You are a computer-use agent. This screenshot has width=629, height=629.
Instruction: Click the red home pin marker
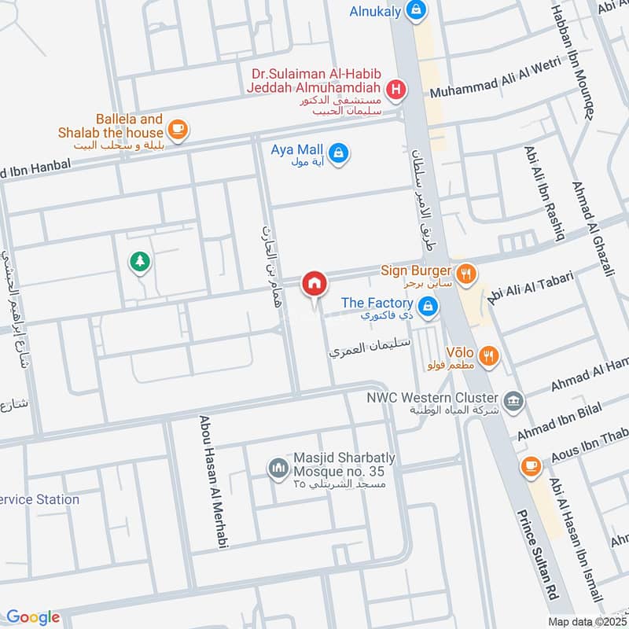pyautogui.click(x=314, y=283)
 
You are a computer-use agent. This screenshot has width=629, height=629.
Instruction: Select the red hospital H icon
pyautogui.click(x=397, y=90)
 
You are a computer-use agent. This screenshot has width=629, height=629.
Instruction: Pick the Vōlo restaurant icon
pyautogui.click(x=489, y=356)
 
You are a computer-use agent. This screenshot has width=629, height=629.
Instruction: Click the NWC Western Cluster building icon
pyautogui.click(x=513, y=400)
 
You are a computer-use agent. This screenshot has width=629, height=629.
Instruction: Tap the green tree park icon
pyautogui.click(x=139, y=261)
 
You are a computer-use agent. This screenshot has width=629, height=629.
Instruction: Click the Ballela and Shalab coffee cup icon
pyautogui.click(x=178, y=128)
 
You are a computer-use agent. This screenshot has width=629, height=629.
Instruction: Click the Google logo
pyautogui.click(x=33, y=617)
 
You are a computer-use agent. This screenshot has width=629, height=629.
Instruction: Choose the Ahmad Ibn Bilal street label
pyautogui.click(x=558, y=421)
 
